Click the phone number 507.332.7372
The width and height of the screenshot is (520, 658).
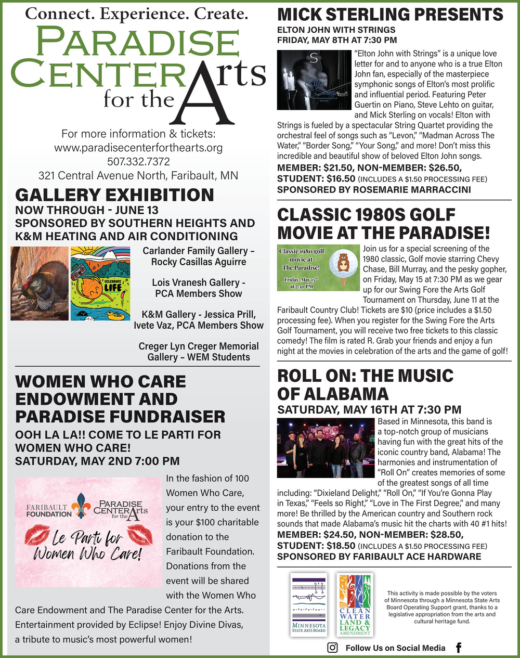click(x=138, y=162)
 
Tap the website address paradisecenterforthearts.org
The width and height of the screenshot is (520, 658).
click(x=138, y=148)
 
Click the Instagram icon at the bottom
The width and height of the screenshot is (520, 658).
click(x=332, y=648)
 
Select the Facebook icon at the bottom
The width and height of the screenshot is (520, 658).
click(x=459, y=648)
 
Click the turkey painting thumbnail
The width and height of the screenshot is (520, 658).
click(x=40, y=283)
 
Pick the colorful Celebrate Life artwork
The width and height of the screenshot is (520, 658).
click(x=99, y=283)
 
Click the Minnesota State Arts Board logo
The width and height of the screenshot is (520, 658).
click(x=309, y=604)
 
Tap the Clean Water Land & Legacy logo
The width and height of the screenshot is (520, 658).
click(x=355, y=604)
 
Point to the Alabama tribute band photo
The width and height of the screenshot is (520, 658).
click(x=326, y=447)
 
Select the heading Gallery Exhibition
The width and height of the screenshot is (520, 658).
click(x=114, y=195)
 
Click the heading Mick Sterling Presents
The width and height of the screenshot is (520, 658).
click(x=390, y=14)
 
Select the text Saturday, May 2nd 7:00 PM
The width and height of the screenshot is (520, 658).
click(x=97, y=461)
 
